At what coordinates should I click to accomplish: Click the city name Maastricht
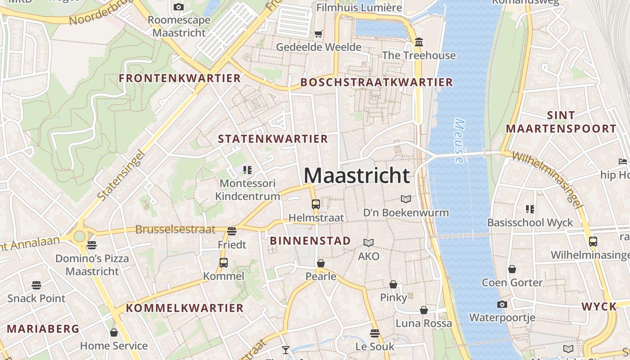(x=357, y=175)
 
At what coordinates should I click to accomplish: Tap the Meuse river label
(x=459, y=140)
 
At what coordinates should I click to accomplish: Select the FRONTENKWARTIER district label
(x=180, y=78)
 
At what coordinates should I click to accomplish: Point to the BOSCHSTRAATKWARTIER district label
(x=376, y=82)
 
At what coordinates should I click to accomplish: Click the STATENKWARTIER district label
(x=273, y=139)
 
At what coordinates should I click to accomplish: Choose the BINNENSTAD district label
(x=310, y=241)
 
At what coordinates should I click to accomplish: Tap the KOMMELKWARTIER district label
(x=184, y=308)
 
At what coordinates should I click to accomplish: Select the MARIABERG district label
(x=43, y=329)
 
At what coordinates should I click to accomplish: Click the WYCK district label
(x=599, y=307)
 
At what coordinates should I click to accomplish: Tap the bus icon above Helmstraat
(x=315, y=204)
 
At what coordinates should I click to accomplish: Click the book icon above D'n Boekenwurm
(x=406, y=199)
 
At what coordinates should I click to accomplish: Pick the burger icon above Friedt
(x=232, y=231)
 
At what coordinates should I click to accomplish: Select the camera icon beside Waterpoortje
(x=502, y=304)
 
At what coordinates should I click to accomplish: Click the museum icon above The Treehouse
(x=419, y=42)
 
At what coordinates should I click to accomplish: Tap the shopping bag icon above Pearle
(x=321, y=263)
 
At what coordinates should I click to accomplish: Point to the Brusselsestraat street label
(x=175, y=229)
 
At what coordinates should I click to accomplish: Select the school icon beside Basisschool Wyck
(x=530, y=209)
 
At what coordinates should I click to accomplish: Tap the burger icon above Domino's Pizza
(x=92, y=245)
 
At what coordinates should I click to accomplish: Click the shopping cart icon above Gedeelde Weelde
(x=319, y=34)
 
